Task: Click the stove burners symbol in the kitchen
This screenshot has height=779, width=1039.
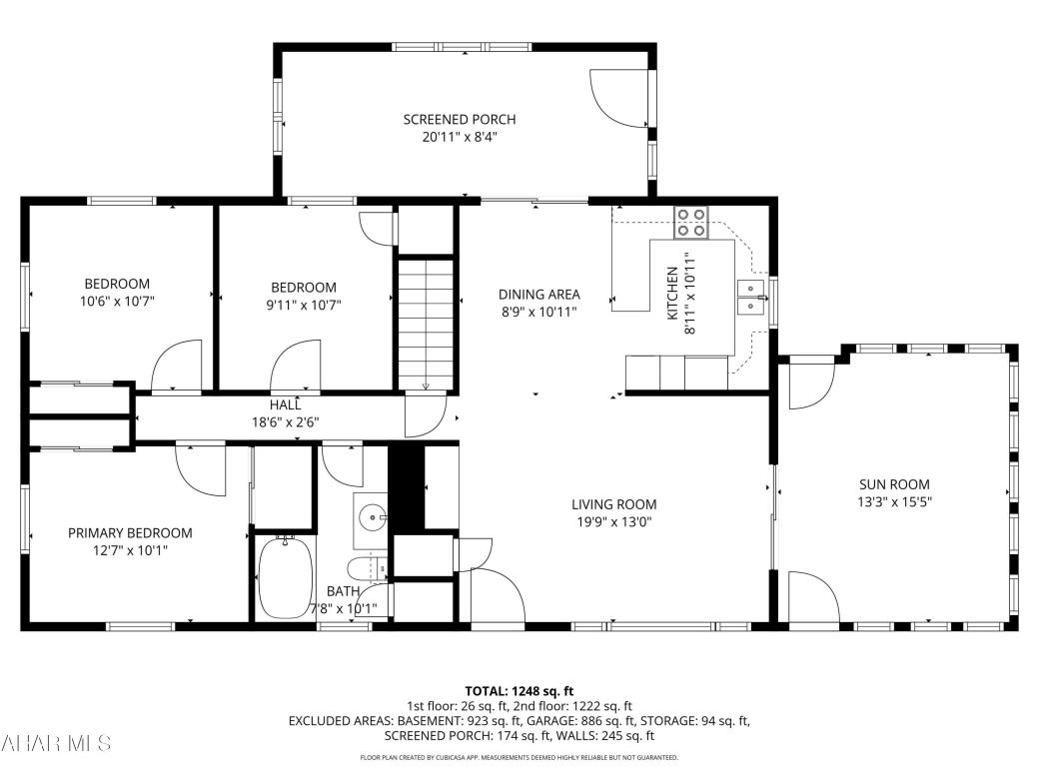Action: (690, 222)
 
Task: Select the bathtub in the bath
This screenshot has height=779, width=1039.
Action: (287, 577)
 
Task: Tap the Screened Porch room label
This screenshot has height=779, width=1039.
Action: (460, 120)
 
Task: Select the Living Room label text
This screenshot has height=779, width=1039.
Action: (614, 504)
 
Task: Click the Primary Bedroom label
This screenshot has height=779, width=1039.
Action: (130, 533)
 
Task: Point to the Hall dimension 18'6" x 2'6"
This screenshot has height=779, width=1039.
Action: (286, 421)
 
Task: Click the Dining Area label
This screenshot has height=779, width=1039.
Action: (539, 295)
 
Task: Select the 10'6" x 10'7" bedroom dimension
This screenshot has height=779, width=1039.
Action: (117, 301)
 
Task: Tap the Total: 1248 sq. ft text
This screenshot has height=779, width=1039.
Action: (519, 691)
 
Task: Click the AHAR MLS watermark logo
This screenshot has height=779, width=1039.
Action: (56, 743)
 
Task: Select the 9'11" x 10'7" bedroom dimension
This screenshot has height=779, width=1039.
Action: (304, 305)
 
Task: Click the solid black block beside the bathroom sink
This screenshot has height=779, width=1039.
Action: (406, 486)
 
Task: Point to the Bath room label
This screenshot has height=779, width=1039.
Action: (343, 591)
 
